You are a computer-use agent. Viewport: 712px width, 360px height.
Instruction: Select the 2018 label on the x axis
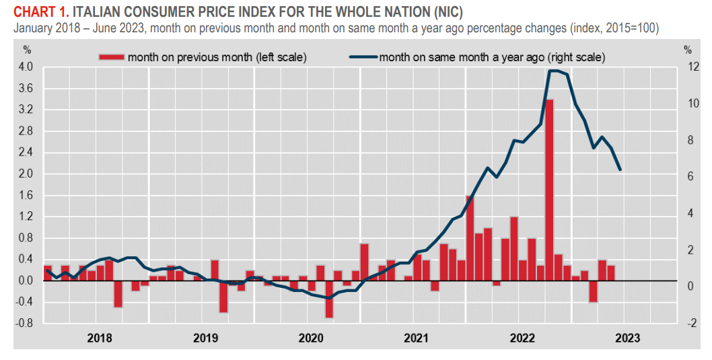click(100, 337)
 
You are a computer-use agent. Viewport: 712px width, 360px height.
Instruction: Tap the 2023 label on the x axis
click(627, 337)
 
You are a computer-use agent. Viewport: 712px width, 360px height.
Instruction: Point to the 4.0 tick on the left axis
click(25, 67)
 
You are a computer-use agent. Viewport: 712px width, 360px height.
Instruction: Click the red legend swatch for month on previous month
click(111, 57)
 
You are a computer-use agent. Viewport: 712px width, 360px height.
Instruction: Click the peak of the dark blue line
click(554, 71)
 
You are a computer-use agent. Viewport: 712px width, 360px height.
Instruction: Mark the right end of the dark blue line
click(620, 170)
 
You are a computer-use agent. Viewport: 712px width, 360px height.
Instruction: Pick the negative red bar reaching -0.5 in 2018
click(118, 293)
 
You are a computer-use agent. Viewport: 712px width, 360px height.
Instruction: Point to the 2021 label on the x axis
click(417, 337)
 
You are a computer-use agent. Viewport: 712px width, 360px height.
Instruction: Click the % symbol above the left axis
click(27, 49)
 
